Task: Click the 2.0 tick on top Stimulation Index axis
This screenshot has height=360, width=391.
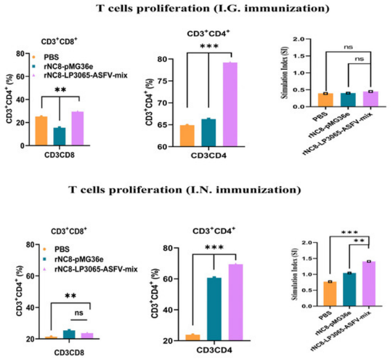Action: [303, 39]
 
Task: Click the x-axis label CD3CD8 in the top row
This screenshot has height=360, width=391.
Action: [59, 155]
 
